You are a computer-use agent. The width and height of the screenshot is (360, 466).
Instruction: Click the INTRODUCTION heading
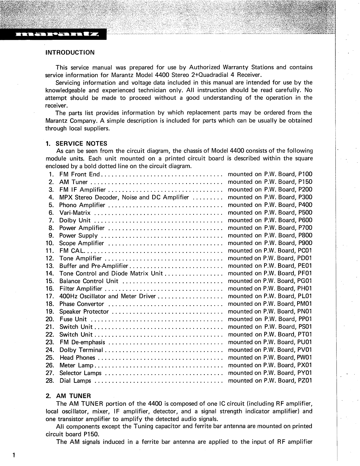70,53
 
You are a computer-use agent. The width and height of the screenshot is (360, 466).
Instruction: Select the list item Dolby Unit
75,220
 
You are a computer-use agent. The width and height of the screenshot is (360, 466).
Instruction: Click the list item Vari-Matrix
75,213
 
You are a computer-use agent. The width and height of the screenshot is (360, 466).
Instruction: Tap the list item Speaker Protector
84,312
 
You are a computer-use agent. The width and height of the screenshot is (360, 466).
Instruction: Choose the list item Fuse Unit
73,319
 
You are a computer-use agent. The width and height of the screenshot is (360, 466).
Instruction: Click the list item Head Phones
77,357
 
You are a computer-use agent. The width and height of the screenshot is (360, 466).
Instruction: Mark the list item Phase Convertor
82,304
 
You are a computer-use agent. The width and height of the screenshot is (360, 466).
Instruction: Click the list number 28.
49,380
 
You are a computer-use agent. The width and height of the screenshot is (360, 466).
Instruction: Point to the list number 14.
49,274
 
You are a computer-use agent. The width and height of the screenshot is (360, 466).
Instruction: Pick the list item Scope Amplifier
81,243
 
